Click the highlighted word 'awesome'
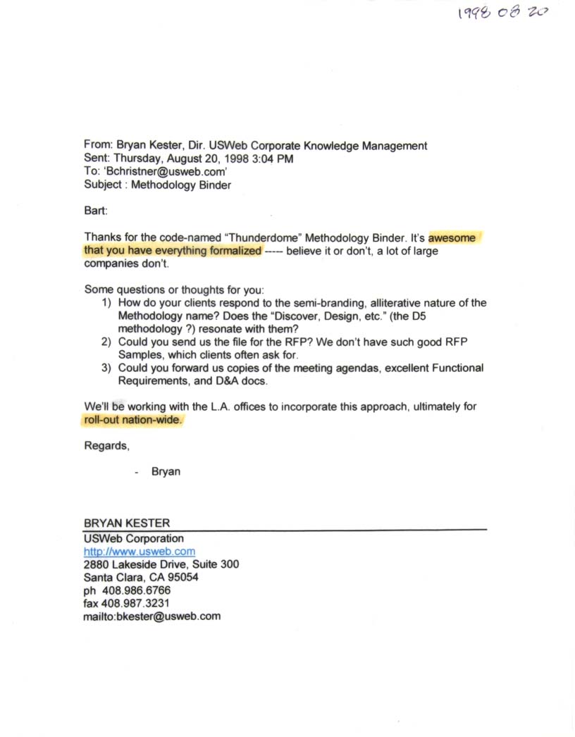tap(452, 237)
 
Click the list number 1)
tap(108, 303)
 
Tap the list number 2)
tap(108, 342)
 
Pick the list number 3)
tap(108, 368)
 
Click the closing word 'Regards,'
tap(106, 446)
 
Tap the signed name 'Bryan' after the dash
tap(166, 471)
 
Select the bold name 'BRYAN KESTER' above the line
tap(127, 524)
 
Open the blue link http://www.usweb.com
tap(140, 552)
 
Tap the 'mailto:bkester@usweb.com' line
tap(152, 616)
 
